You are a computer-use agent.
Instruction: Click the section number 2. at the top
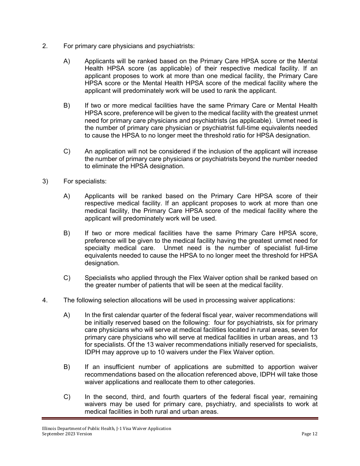tap(45, 47)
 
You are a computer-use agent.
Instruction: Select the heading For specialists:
tap(85, 181)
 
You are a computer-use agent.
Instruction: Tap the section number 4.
tap(45, 300)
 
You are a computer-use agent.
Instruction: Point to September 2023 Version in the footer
tap(67, 434)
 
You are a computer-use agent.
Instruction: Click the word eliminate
tap(105, 166)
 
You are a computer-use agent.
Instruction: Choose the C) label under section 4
tap(67, 397)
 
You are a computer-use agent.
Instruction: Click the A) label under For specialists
tap(67, 196)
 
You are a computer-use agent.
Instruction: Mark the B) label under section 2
tap(67, 105)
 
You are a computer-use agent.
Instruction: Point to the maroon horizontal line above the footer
tap(180, 418)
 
